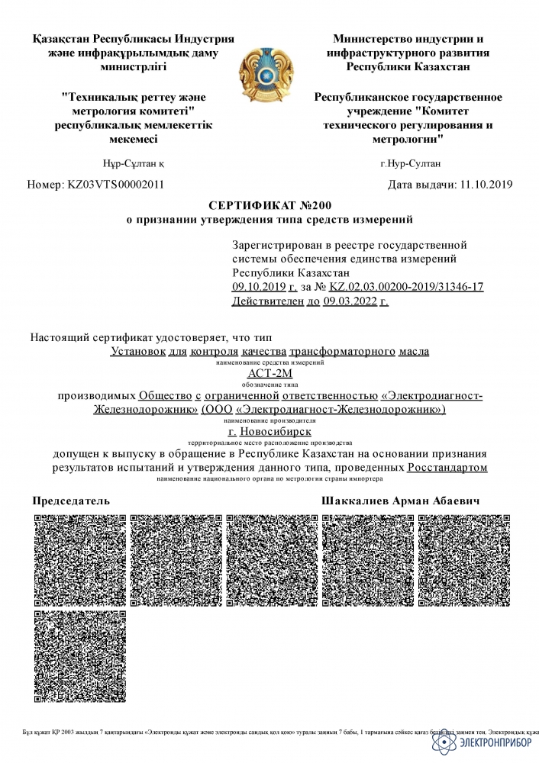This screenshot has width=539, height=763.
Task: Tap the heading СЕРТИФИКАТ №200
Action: (269, 205)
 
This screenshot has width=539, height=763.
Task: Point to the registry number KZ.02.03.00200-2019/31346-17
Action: (406, 286)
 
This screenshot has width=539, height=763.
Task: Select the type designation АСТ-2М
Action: (269, 374)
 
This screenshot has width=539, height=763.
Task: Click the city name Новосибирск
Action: (276, 431)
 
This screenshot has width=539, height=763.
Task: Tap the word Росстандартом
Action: (447, 466)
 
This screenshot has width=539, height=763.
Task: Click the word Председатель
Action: (71, 501)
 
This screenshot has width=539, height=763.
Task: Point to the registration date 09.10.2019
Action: (257, 286)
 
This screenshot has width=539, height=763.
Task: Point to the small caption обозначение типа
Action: (269, 385)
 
